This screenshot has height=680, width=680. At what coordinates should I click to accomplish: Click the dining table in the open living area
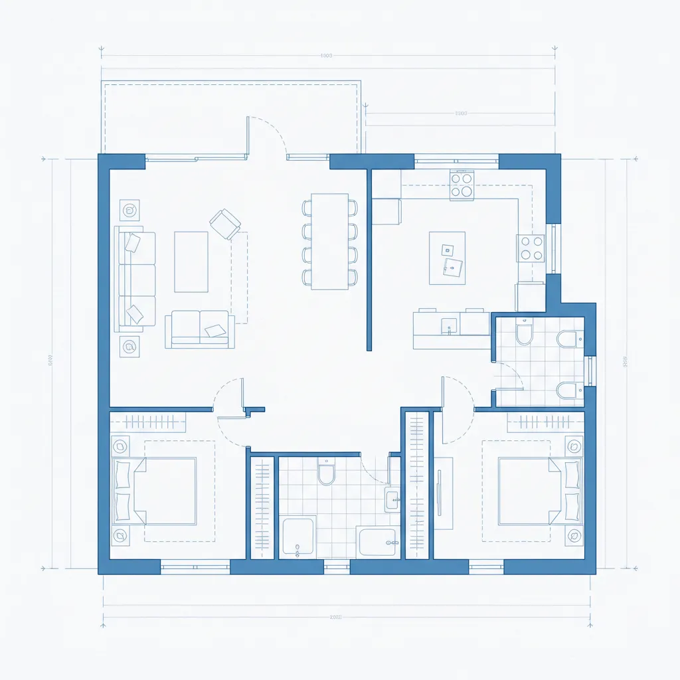(x=330, y=241)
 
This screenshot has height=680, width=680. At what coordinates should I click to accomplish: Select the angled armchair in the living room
(x=225, y=223)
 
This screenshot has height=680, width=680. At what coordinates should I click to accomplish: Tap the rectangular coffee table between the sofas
(x=191, y=262)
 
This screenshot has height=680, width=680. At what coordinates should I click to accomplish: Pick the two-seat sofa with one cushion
(x=200, y=329)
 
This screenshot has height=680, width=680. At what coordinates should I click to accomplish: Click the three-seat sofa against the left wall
(x=135, y=279)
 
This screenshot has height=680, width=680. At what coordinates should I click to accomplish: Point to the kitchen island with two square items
(x=447, y=258)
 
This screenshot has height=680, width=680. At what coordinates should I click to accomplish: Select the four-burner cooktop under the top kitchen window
(x=462, y=185)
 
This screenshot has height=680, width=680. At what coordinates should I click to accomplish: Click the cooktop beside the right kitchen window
(x=531, y=248)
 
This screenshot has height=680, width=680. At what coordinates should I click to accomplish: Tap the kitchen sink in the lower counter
(x=449, y=325)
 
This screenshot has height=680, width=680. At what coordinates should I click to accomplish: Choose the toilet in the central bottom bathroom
(x=326, y=472)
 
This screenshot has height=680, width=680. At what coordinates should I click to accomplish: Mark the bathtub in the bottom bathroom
(x=379, y=542)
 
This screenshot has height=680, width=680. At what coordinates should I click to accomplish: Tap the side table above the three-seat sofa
(x=129, y=211)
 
